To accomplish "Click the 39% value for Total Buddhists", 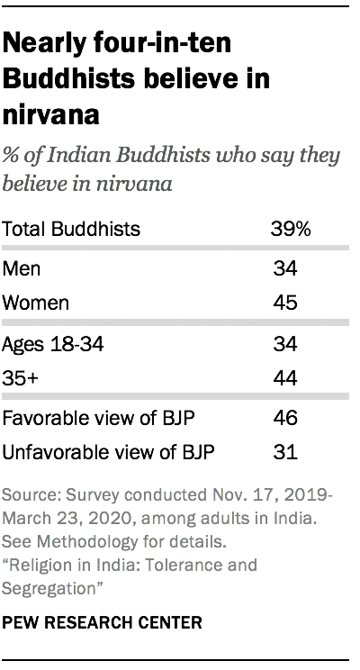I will (291, 229).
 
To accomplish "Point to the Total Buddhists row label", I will (72, 229).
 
